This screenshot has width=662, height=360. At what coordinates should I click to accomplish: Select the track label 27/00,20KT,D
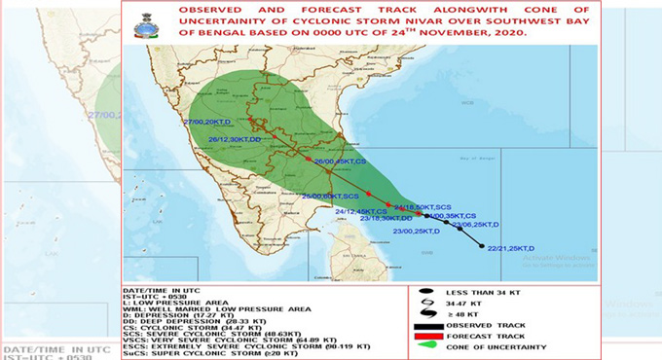point(207,122)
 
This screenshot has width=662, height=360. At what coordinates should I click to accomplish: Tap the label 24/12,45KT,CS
point(361,211)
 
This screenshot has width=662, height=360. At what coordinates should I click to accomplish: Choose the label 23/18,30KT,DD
point(387,219)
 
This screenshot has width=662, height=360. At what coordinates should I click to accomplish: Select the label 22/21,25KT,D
point(511,249)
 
